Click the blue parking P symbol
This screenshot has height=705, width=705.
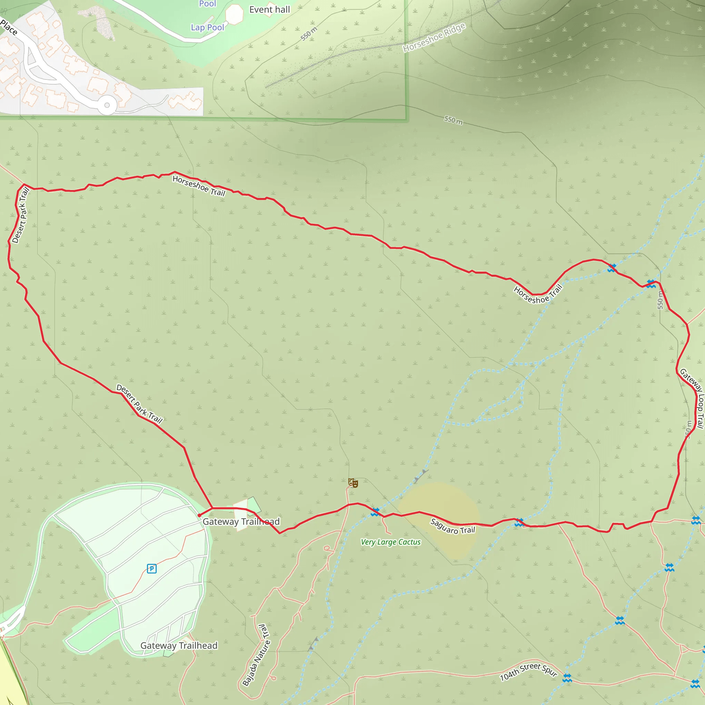pos(152,569)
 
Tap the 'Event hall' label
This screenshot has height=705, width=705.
pos(269,10)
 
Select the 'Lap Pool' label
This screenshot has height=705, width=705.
pos(207,28)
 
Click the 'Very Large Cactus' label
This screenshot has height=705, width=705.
pos(390,542)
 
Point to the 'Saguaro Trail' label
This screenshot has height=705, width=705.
pos(452,527)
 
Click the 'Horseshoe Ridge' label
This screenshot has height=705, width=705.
pos(434,37)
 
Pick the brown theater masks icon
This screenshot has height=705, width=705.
pos(353,483)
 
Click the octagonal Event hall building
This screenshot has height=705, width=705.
pos(234,14)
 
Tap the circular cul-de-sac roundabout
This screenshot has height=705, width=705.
pos(107,105)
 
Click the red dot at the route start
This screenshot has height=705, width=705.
pos(199,515)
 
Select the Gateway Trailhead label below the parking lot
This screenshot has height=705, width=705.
pos(179,645)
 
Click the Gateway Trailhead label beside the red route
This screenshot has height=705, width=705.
pos(241,522)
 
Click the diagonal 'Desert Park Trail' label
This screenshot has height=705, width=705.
pos(139,403)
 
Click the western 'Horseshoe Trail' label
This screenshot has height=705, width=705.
pos(199,186)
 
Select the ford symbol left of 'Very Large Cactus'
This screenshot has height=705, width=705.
pos(375,512)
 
